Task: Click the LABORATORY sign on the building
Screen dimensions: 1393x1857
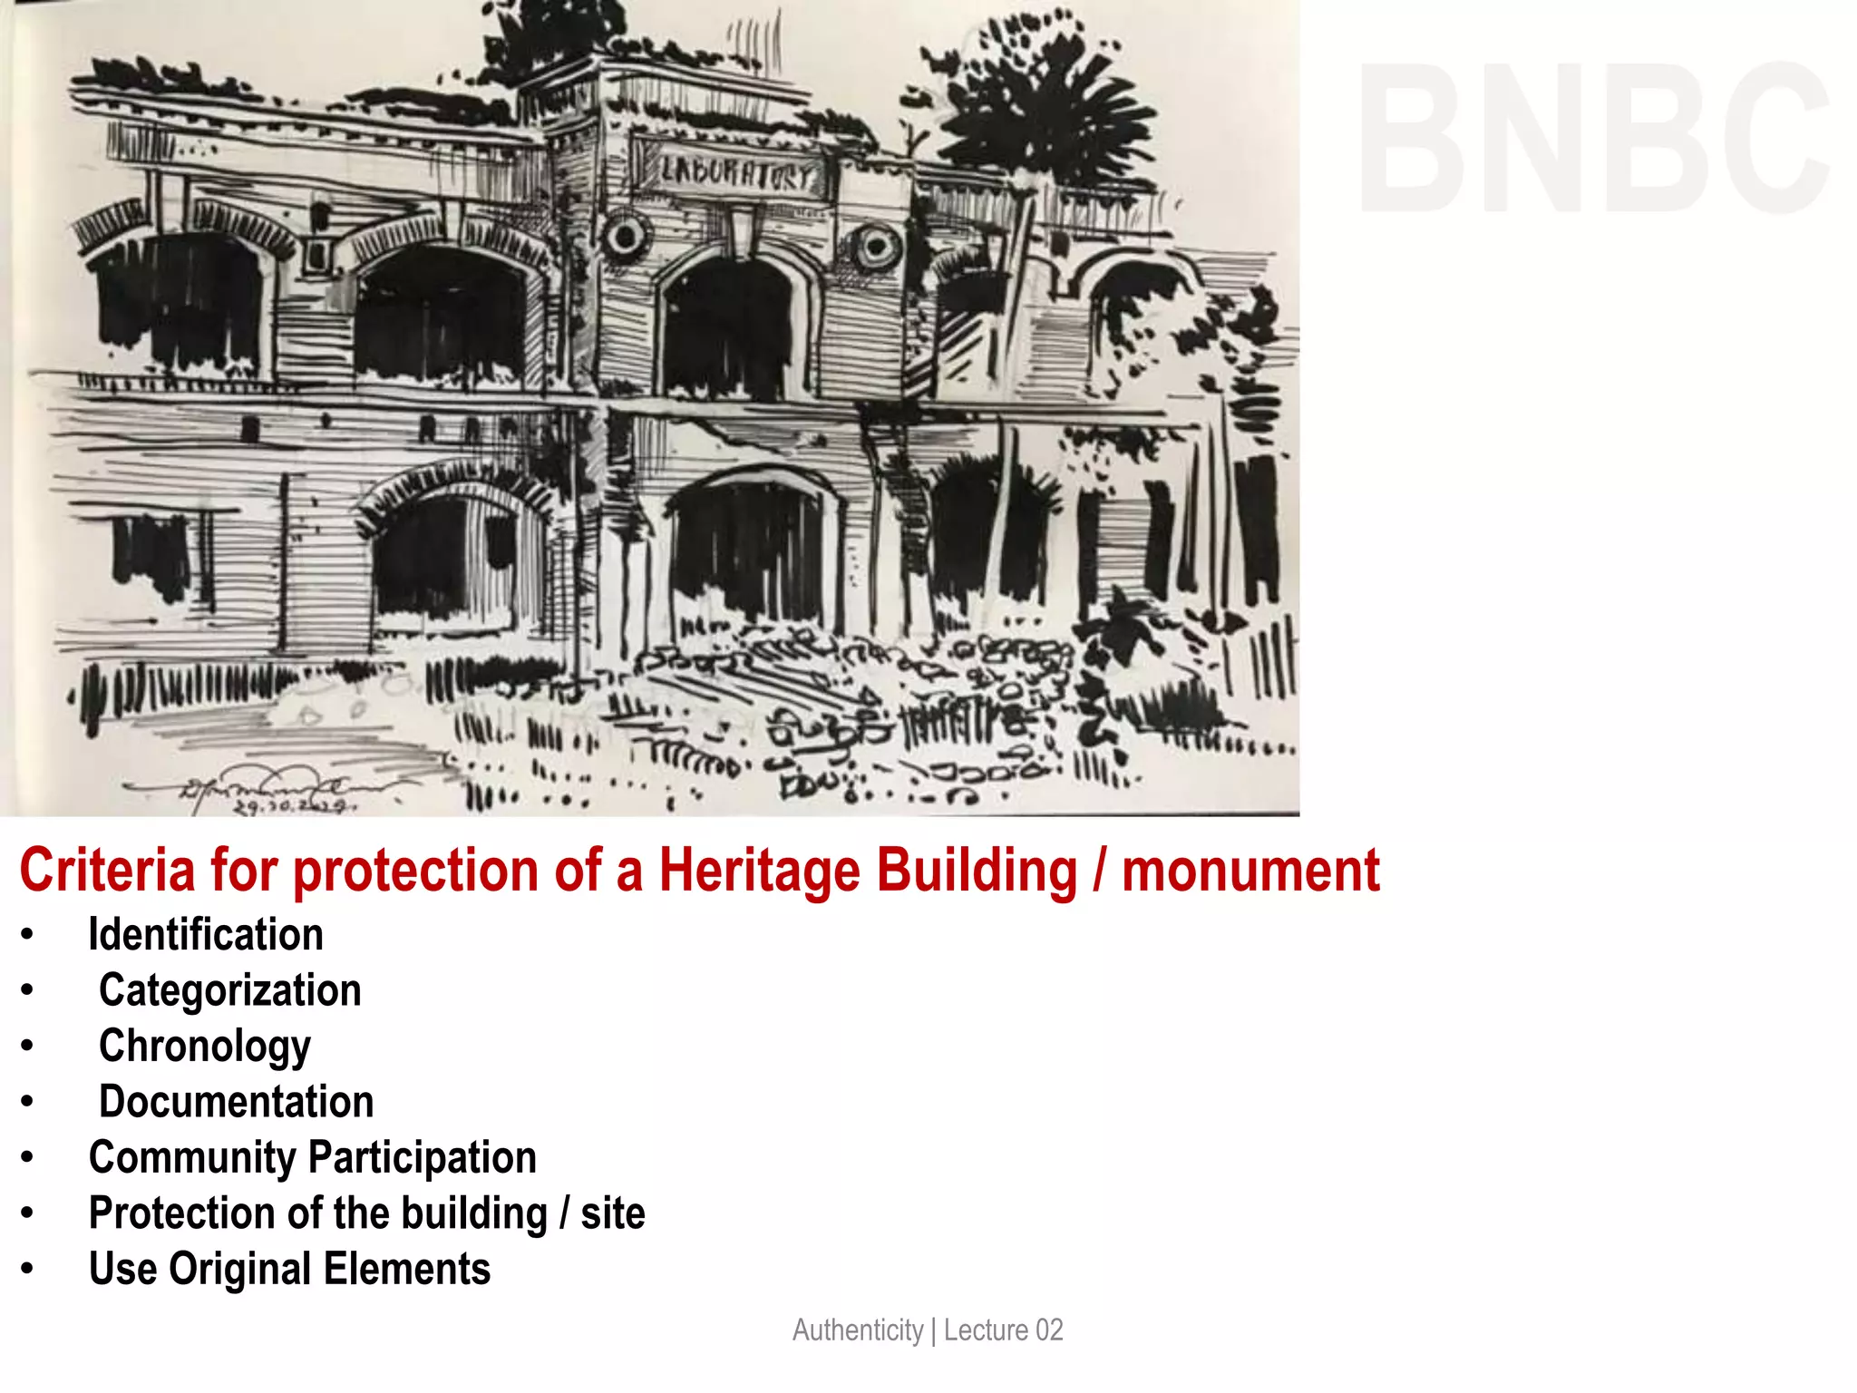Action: pos(736,172)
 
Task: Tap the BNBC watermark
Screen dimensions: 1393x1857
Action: pos(1593,138)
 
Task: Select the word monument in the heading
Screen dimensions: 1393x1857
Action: pos(1250,871)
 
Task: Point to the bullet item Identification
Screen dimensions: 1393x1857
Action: pos(206,935)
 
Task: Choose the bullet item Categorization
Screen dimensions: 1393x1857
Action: pos(230,990)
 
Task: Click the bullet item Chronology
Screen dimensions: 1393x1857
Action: pos(205,1047)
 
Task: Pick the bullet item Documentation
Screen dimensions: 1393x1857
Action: pos(237,1102)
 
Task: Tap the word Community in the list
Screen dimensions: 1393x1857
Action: pos(192,1158)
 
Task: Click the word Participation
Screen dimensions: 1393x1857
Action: pos(423,1158)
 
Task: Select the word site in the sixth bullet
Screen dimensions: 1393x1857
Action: pos(613,1213)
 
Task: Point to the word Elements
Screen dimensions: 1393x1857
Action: pos(407,1269)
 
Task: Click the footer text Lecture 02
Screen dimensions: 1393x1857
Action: pos(1003,1330)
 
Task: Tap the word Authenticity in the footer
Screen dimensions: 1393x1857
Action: pos(858,1330)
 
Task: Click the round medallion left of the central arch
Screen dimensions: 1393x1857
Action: pos(625,238)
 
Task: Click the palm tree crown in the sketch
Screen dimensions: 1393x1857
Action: pos(1043,118)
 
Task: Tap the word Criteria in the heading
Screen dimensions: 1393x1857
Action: pos(107,871)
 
